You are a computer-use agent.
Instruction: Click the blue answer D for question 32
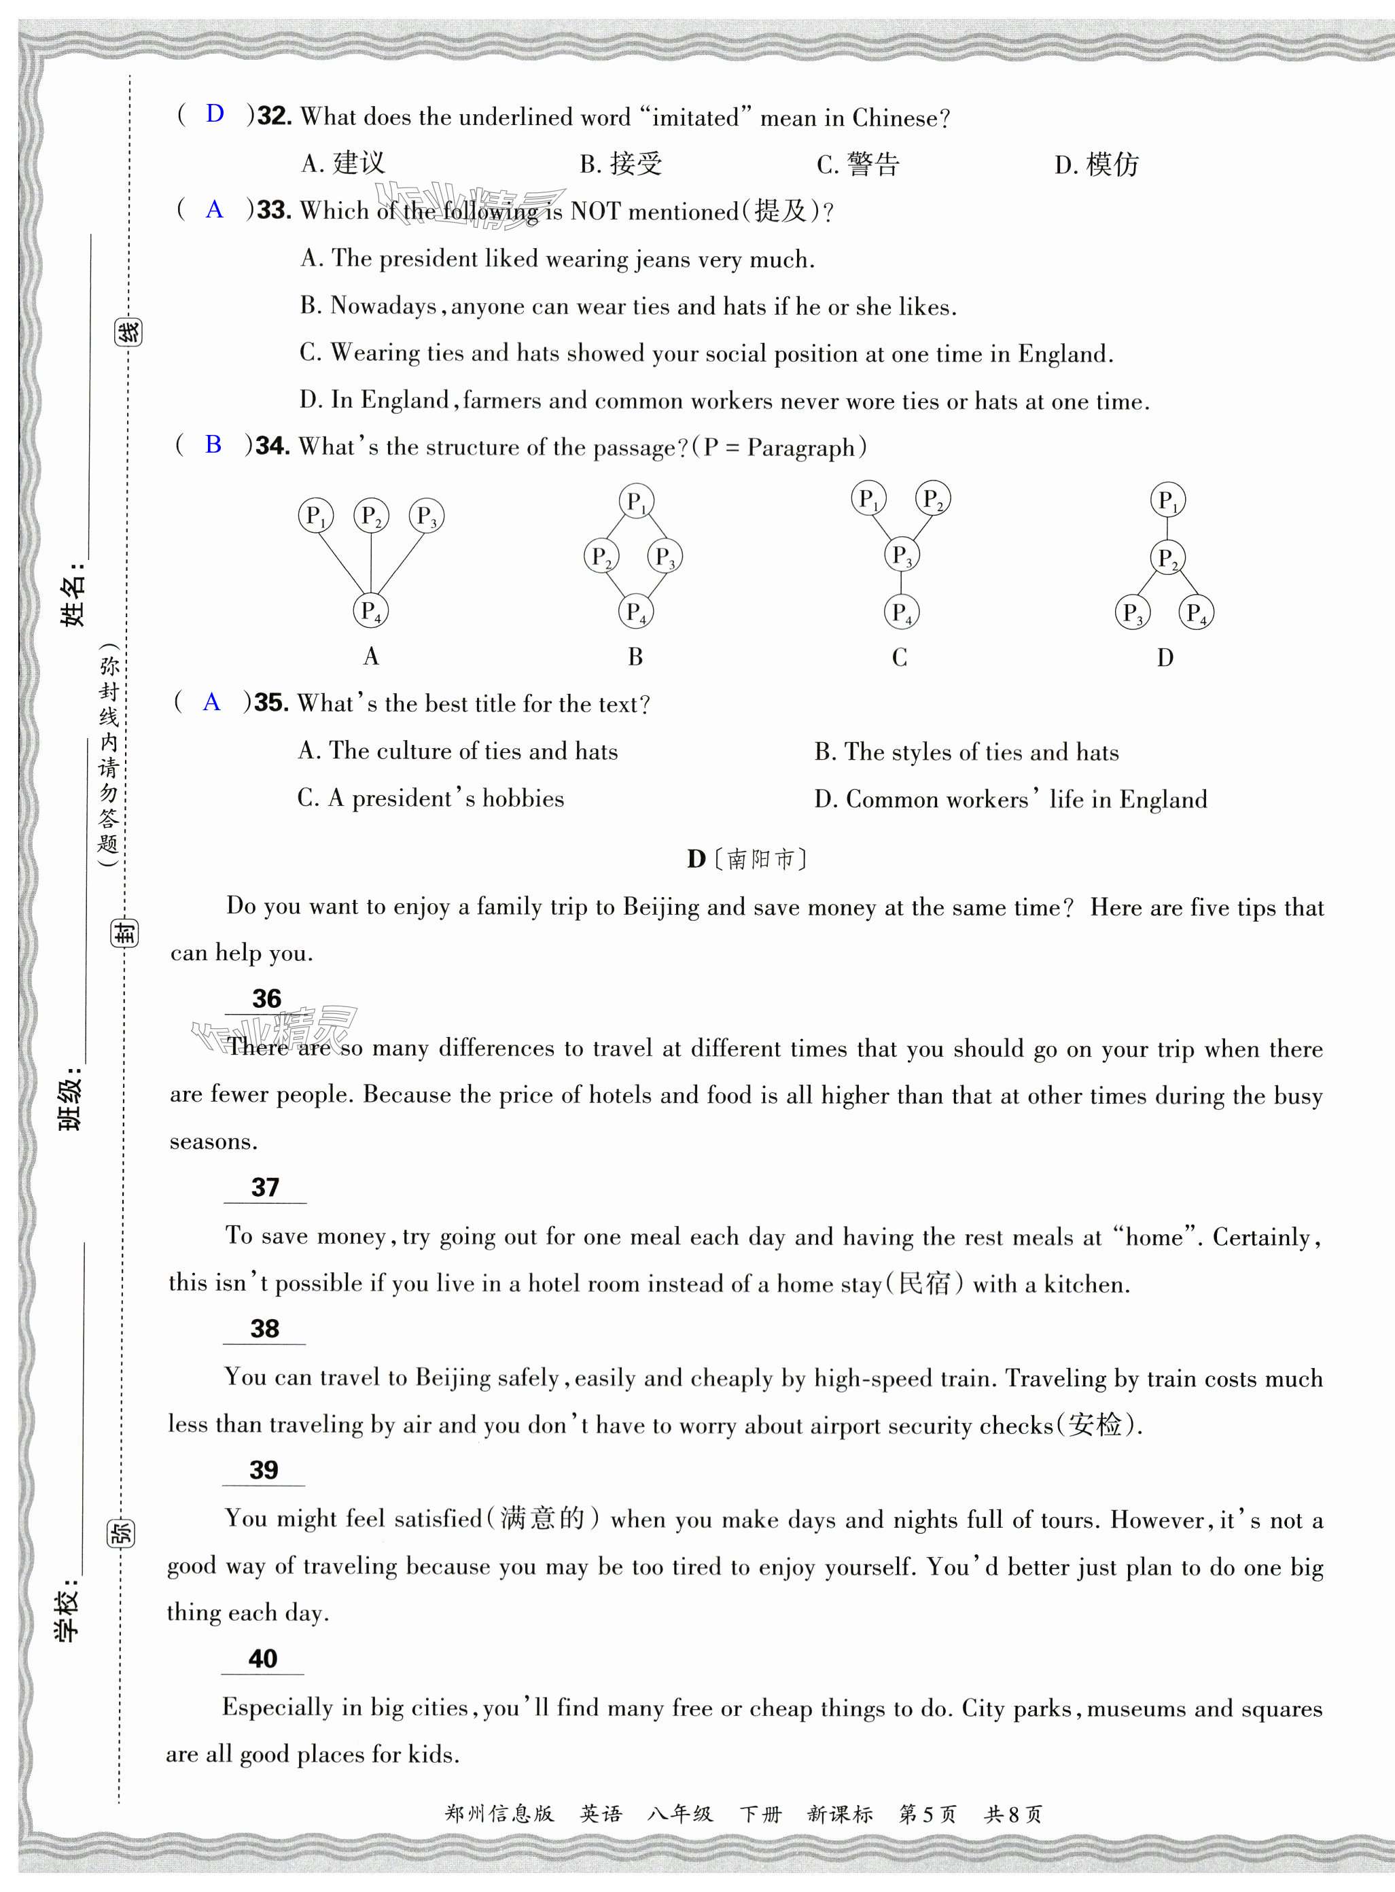215,114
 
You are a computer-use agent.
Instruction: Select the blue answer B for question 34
213,444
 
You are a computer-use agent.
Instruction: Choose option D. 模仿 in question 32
1096,164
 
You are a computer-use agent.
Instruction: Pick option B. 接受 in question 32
620,164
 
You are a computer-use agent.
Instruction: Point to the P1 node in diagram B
636,502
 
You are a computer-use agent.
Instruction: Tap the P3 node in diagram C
902,556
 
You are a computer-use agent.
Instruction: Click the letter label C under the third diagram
900,657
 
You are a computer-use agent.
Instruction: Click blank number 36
266,999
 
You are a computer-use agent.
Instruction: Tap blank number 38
264,1329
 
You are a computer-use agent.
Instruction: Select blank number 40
262,1659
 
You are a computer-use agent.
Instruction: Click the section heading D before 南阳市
696,860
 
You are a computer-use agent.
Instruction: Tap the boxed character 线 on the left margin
128,332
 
